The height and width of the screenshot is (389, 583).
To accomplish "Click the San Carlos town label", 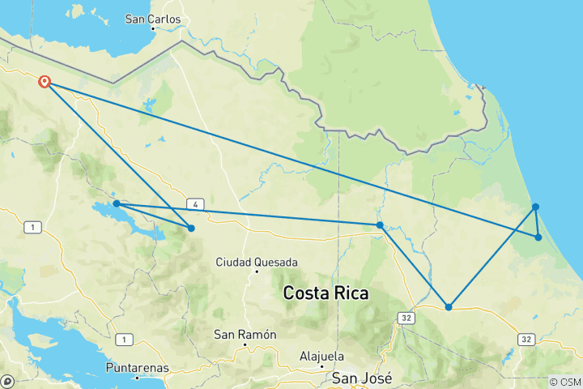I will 153,19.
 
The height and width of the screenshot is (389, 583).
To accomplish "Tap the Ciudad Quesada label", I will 245,262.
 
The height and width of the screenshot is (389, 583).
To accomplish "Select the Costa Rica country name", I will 326,293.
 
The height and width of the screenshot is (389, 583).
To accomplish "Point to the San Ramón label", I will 245,335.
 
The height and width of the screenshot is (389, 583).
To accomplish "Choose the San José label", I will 362,378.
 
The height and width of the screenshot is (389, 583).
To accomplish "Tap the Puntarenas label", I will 138,367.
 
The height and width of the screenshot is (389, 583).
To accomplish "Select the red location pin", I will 45,82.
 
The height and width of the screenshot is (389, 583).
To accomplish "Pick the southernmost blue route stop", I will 449,306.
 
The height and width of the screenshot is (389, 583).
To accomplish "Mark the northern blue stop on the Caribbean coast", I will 536,207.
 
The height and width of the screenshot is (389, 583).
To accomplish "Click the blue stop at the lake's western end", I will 117,203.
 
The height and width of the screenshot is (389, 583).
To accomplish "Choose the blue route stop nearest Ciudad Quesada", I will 191,228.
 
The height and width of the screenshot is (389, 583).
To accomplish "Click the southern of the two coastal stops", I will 538,237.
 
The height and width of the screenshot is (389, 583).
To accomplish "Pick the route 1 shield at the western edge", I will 32,229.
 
